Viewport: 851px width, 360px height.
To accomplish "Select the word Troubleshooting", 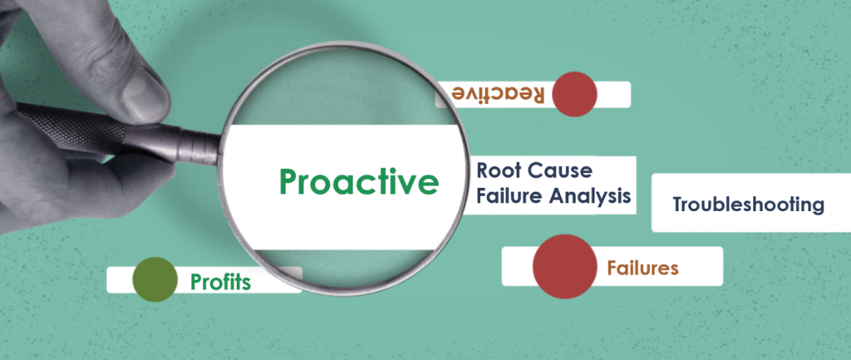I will click(748, 204).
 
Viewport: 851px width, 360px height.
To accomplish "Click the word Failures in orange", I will click(642, 268).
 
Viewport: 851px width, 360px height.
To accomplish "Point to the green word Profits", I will click(220, 282).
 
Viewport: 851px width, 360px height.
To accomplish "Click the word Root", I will click(498, 171).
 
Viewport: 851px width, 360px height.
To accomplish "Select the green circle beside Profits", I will click(155, 279).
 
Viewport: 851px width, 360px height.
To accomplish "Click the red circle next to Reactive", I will click(574, 94).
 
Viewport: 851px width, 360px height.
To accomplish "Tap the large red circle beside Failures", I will click(564, 265).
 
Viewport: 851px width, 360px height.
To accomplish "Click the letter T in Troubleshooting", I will click(677, 204).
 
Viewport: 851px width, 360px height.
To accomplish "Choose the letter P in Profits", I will click(196, 282).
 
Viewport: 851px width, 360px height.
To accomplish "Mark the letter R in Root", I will click(483, 171).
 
